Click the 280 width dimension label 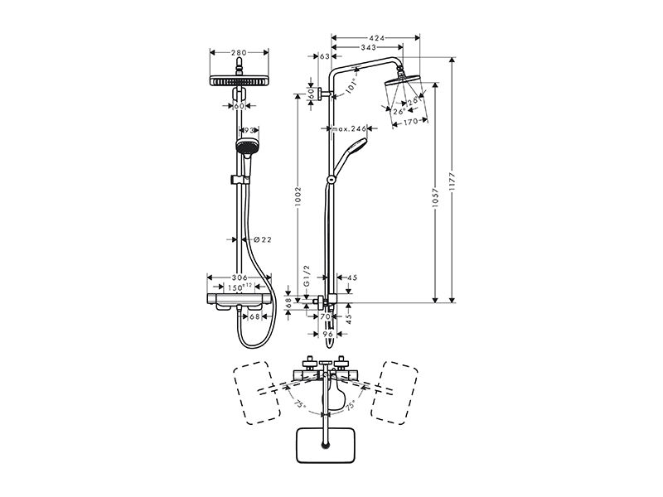coord(239,53)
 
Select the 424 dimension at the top coord(377,38)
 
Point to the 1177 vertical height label coord(452,182)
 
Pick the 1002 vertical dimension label coord(298,197)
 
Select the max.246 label coord(348,128)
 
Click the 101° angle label coord(351,86)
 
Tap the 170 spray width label coord(409,121)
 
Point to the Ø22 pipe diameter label coord(263,239)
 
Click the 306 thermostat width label coord(239,277)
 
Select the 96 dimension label coord(328,334)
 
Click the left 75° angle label coord(299,404)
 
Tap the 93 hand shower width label coord(249,131)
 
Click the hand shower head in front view coord(246,146)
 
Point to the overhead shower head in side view coord(404,80)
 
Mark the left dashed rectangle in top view coord(257,393)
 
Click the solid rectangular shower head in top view coord(325,445)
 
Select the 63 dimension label coord(325,56)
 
